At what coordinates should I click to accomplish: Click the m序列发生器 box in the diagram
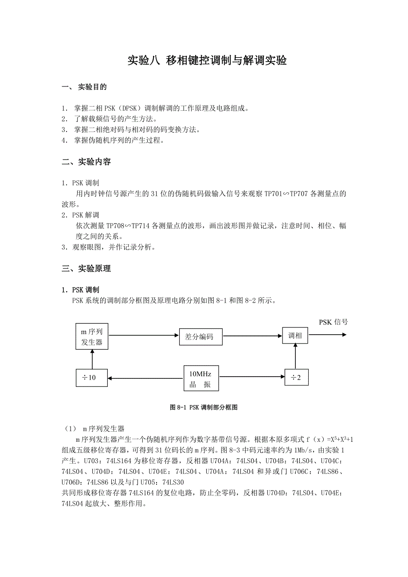[92, 337]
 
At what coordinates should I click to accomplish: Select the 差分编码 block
[201, 337]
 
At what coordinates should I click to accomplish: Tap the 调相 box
[295, 336]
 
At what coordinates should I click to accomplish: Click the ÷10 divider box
[91, 378]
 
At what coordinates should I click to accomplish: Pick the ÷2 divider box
[296, 377]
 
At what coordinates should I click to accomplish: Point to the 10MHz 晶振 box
[201, 378]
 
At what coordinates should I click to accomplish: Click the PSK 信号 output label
[333, 322]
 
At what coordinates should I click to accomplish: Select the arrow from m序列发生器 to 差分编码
[143, 337]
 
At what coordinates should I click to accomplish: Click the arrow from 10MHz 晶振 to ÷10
[146, 378]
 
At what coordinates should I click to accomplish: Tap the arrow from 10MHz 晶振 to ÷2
[251, 377]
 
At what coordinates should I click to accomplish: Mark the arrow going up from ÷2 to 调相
[296, 356]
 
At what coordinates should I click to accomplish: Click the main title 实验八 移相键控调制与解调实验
[207, 61]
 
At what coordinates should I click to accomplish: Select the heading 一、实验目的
[84, 87]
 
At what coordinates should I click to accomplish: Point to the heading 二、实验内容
[86, 162]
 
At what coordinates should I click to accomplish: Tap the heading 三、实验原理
[86, 268]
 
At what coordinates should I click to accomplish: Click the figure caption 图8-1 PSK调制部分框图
[204, 407]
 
